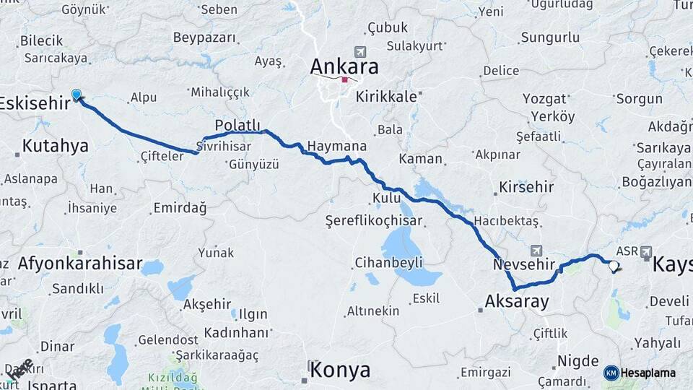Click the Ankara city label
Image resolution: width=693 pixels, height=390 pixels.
[344, 66]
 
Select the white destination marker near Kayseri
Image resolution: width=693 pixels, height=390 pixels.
[614, 266]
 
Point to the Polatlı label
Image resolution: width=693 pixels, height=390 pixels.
[237, 124]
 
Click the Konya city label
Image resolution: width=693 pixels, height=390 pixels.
[340, 370]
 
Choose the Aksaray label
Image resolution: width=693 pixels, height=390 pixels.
[517, 301]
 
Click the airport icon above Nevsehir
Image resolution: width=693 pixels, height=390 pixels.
[536, 250]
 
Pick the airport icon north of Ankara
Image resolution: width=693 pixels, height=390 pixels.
[359, 52]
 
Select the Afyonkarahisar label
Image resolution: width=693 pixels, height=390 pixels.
[80, 263]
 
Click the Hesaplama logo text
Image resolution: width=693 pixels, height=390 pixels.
[648, 373]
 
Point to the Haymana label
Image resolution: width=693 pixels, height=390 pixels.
[337, 146]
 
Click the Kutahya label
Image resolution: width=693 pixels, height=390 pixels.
[55, 146]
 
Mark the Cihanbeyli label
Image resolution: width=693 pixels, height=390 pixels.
[388, 262]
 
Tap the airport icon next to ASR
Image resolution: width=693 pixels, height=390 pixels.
[645, 251]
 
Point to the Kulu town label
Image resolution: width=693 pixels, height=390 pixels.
[386, 197]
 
